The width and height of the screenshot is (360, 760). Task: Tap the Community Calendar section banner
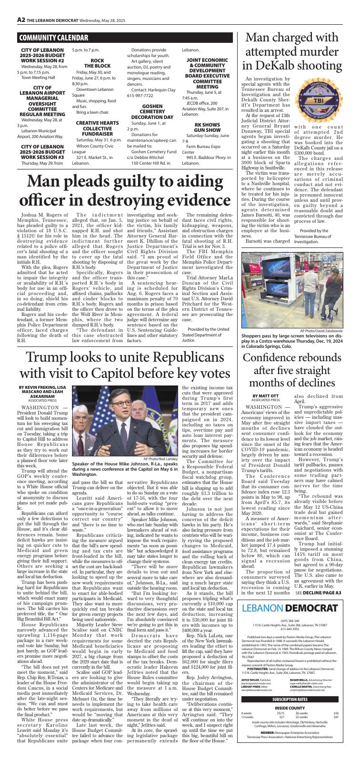pos(53,38)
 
